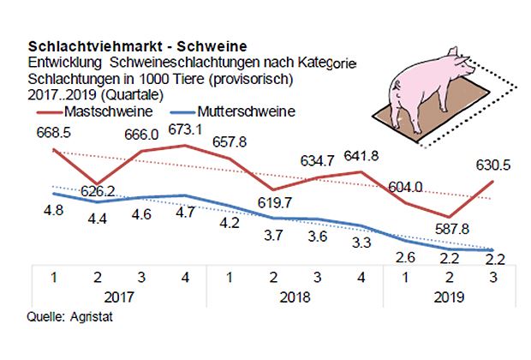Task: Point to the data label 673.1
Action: point(183,130)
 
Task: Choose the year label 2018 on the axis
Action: point(294,297)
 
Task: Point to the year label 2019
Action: point(448,297)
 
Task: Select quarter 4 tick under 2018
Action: point(360,277)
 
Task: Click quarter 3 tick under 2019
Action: point(492,277)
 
